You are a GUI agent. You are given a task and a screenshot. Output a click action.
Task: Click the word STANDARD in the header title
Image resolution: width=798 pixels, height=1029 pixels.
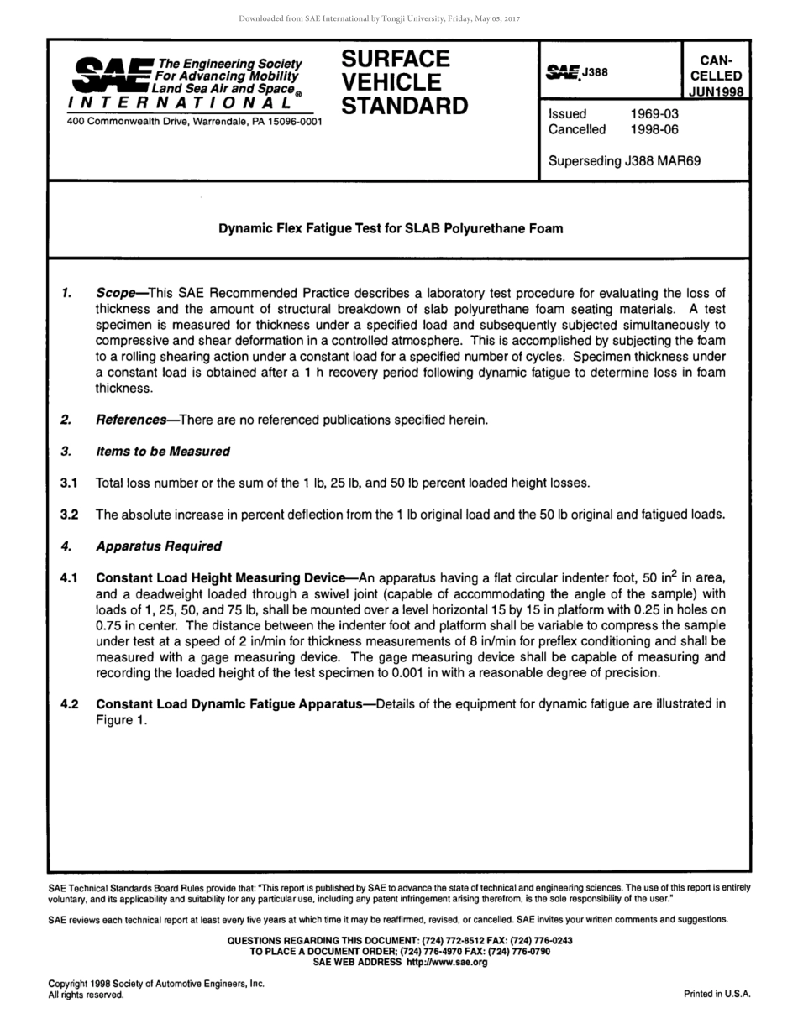coord(404,107)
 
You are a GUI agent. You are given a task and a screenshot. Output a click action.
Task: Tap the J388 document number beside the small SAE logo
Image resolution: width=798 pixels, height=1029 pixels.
coord(596,72)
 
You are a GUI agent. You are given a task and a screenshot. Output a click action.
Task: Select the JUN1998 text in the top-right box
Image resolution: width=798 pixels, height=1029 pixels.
coord(716,91)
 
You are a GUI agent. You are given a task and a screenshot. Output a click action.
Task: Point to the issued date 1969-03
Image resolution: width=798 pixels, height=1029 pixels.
coord(654,113)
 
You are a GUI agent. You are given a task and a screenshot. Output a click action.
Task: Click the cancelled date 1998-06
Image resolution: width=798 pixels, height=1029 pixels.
coord(654,129)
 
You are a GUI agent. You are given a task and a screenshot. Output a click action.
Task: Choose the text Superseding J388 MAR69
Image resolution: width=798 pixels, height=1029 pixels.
coord(624,161)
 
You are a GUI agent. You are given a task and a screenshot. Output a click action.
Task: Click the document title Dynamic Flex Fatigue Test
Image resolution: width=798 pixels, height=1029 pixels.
coord(391,228)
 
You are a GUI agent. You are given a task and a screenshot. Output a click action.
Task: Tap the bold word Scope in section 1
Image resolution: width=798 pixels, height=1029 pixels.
coord(116,293)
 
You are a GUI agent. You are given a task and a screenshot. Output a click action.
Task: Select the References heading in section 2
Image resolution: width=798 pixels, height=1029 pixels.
coord(131,420)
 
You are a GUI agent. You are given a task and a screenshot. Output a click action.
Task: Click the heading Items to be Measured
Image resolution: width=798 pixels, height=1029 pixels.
coord(163,452)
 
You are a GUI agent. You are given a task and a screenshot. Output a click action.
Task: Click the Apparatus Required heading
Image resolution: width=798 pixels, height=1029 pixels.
coord(159,546)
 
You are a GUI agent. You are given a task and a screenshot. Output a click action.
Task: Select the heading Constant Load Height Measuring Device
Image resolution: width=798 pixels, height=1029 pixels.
coord(221,578)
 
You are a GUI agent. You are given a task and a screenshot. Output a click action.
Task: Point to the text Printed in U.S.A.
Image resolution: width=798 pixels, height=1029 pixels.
coord(717,994)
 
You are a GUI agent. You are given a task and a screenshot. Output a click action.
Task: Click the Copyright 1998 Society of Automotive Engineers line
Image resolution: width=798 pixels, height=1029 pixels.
coord(156,984)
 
